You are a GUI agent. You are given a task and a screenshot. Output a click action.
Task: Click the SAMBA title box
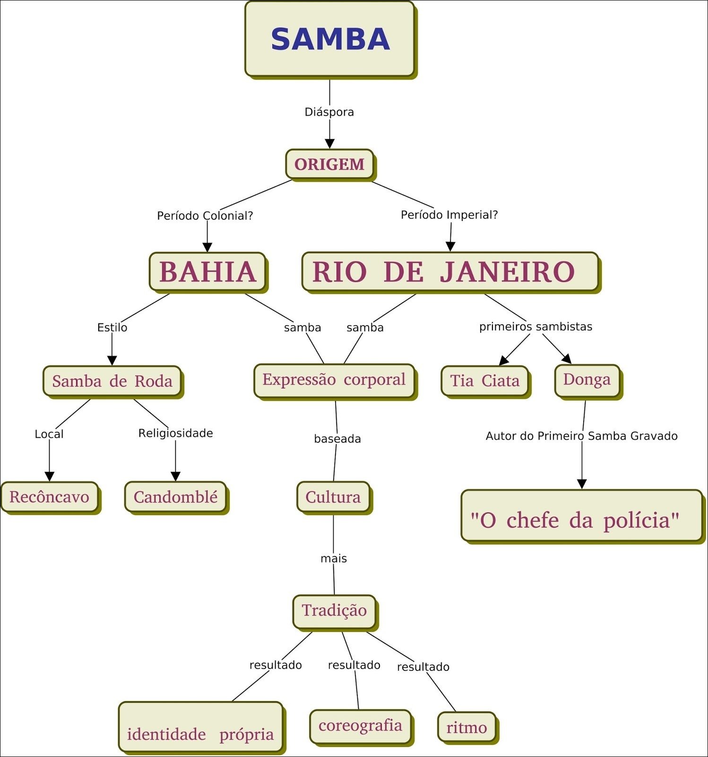pyautogui.click(x=329, y=39)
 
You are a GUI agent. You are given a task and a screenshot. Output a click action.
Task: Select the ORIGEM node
pyautogui.click(x=329, y=164)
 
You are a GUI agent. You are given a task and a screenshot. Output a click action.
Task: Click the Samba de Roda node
pyautogui.click(x=112, y=381)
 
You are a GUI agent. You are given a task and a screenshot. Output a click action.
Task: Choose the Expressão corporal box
pyautogui.click(x=334, y=380)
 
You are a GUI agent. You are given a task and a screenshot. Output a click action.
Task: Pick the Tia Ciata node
pyautogui.click(x=484, y=380)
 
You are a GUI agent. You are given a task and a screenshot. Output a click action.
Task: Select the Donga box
pyautogui.click(x=587, y=379)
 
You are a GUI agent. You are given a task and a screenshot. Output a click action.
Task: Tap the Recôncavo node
pyautogui.click(x=49, y=497)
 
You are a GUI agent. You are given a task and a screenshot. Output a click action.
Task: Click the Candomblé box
pyautogui.click(x=175, y=497)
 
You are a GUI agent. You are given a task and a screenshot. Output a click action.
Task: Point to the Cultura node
pyautogui.click(x=333, y=497)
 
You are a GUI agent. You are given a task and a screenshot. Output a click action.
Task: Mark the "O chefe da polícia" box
pyautogui.click(x=581, y=515)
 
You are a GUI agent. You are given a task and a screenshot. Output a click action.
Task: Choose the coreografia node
pyautogui.click(x=360, y=726)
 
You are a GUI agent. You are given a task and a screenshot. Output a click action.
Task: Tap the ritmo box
pyautogui.click(x=466, y=727)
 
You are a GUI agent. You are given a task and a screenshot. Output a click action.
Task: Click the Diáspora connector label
pyautogui.click(x=329, y=112)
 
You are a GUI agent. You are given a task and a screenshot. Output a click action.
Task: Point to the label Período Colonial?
pyautogui.click(x=205, y=216)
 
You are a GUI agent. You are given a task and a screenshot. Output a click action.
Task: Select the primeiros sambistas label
pyautogui.click(x=535, y=326)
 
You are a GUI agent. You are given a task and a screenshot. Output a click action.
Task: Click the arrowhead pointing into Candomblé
pyautogui.click(x=175, y=476)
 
